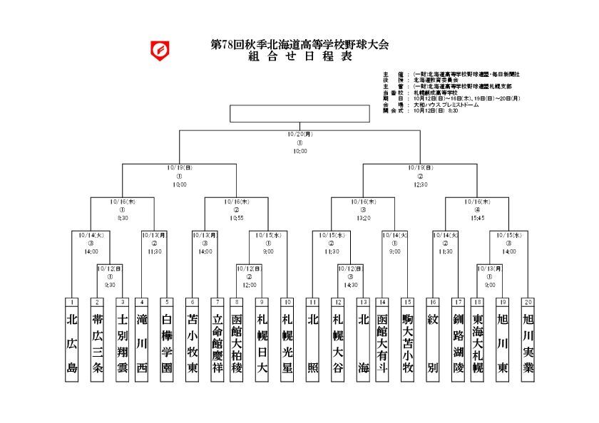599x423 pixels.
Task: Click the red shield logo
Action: pos(160,51)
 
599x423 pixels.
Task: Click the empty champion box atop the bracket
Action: pos(299,114)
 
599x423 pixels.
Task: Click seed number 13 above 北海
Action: pos(363,302)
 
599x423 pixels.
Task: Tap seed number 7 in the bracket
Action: pos(217,302)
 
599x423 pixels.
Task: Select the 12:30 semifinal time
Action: pos(420,184)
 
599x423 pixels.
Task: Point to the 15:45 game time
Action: pos(477,218)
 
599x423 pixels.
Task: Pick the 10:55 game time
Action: pos(237,218)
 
